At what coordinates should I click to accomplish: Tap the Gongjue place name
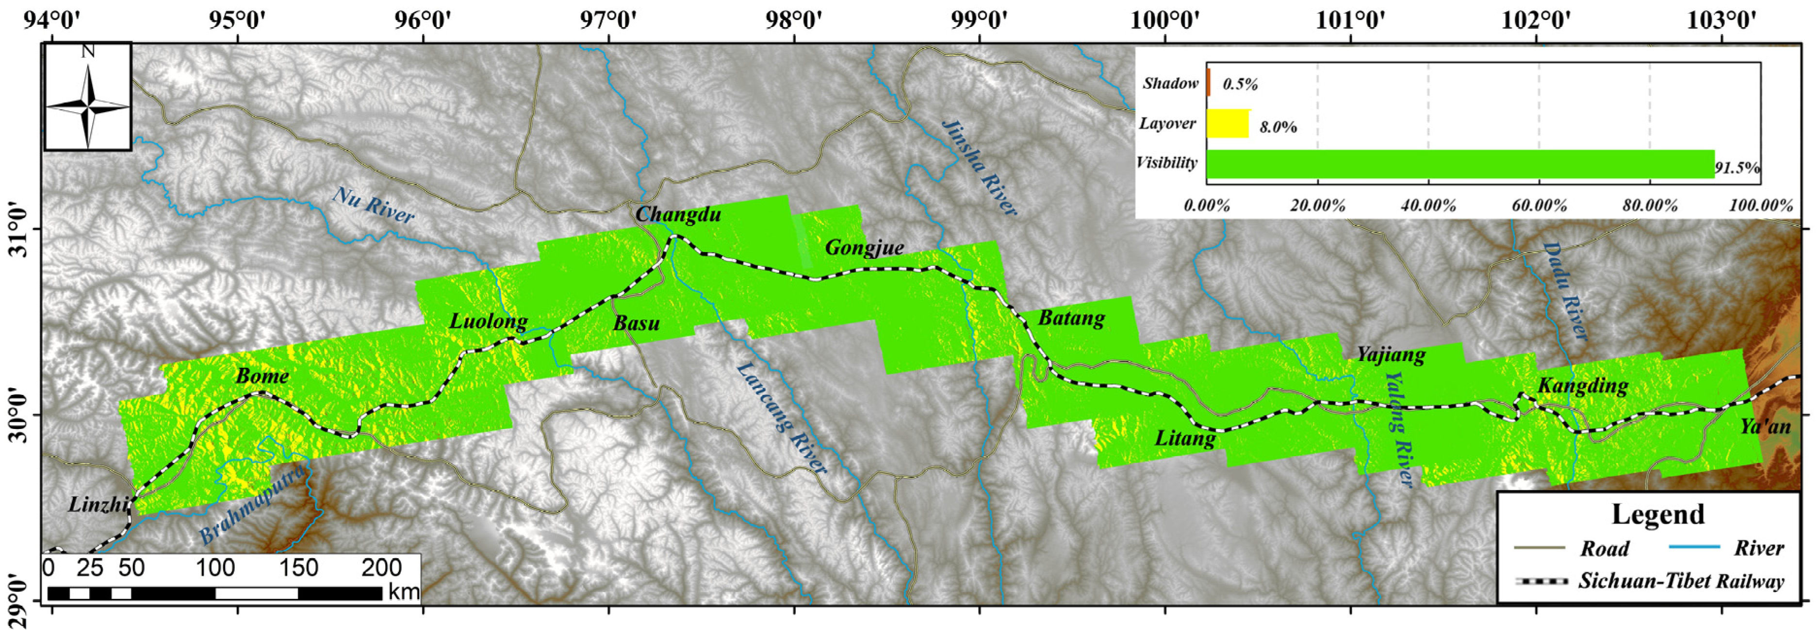pyautogui.click(x=864, y=247)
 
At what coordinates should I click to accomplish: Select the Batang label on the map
pyautogui.click(x=1070, y=318)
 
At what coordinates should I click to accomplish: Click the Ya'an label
pyautogui.click(x=1765, y=427)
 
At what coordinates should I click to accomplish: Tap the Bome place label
pyautogui.click(x=262, y=376)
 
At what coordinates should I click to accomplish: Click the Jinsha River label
pyautogui.click(x=980, y=167)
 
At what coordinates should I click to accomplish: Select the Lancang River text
pyautogui.click(x=781, y=418)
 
